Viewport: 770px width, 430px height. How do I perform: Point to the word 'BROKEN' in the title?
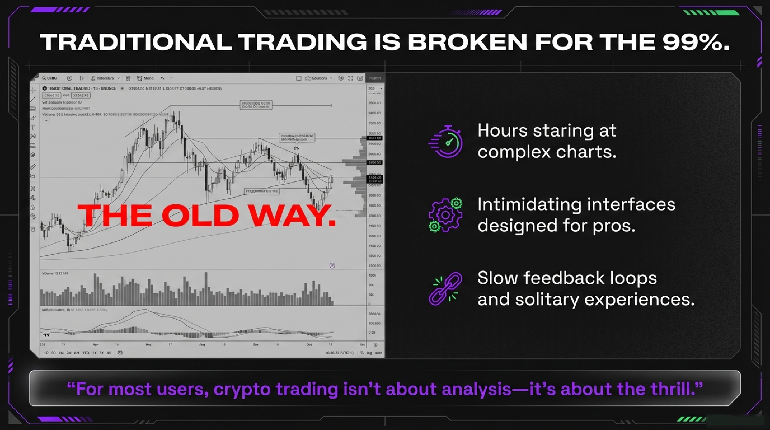[x=467, y=42]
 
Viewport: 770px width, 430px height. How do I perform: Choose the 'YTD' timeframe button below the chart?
[x=85, y=353]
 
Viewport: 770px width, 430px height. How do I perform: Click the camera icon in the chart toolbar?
[x=360, y=78]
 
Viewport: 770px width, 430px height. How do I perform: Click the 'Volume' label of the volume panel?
[x=48, y=273]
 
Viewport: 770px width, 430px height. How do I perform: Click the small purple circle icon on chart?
[x=332, y=266]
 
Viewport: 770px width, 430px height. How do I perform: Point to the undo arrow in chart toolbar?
[x=162, y=78]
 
